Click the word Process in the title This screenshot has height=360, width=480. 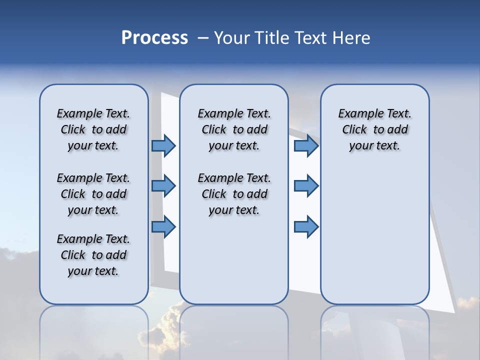(x=154, y=37)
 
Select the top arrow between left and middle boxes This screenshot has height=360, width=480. (x=163, y=145)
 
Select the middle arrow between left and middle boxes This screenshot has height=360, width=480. (x=163, y=186)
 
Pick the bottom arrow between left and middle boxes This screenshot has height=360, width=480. (x=163, y=227)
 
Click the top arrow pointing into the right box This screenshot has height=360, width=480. (x=306, y=145)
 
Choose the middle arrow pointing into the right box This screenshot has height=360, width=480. (x=306, y=186)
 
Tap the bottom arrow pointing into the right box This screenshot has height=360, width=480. (x=306, y=227)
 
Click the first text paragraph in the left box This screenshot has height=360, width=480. (x=93, y=129)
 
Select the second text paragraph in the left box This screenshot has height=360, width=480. (x=93, y=194)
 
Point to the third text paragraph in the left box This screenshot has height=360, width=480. (x=93, y=255)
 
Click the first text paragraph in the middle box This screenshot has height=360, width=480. (x=234, y=129)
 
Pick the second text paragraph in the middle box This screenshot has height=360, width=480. (x=234, y=194)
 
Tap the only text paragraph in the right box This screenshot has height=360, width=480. (x=374, y=129)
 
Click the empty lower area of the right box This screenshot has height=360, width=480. (x=374, y=235)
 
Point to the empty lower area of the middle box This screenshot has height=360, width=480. (x=234, y=260)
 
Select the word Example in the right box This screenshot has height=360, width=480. (x=356, y=114)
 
